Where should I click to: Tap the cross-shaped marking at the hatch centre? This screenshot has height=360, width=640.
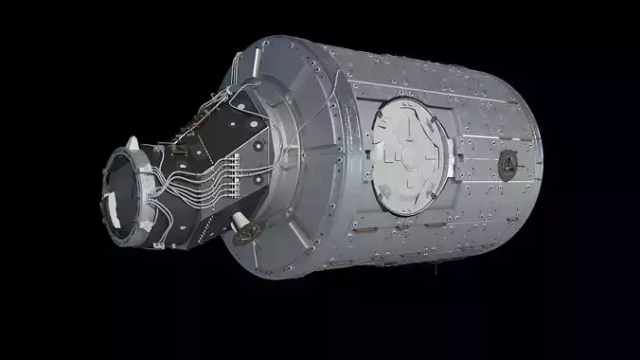coord(405,154)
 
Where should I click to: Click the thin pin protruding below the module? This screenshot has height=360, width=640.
coord(436,273)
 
